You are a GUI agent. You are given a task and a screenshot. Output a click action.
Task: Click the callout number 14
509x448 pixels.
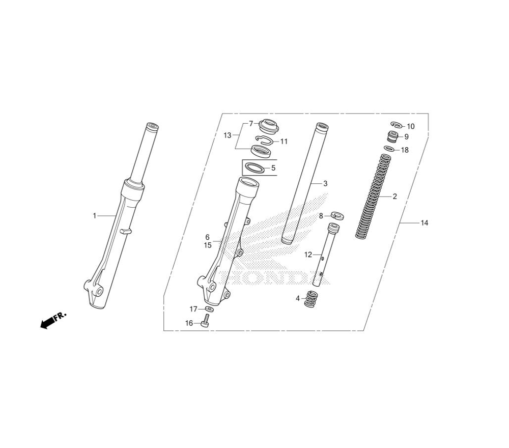(425, 222)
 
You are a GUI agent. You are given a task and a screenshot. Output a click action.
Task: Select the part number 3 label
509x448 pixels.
(325, 183)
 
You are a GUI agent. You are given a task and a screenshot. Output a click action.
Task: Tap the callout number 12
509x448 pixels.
(308, 255)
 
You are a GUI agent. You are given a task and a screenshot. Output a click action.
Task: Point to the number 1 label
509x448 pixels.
(95, 215)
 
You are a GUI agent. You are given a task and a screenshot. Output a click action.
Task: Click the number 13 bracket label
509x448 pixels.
(227, 135)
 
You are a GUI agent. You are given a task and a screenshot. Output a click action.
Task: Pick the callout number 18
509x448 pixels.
(405, 150)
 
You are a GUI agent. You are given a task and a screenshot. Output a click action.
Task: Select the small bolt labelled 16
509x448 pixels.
(206, 321)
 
